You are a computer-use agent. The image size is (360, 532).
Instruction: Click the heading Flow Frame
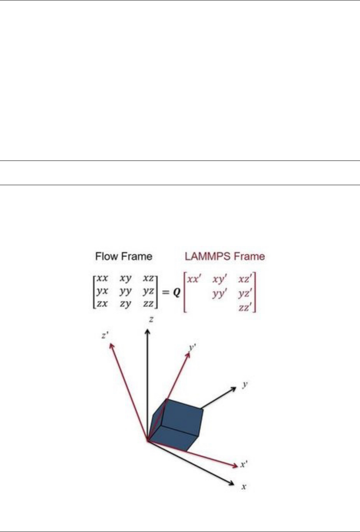(x=123, y=256)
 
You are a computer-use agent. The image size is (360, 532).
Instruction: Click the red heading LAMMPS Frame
(x=225, y=256)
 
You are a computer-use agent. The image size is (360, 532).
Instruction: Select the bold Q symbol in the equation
(x=176, y=293)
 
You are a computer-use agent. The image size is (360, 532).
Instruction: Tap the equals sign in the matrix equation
(x=165, y=293)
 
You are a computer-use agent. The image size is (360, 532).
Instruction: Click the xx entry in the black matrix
(x=102, y=278)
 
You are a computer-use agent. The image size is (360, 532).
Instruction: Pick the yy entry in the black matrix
(x=125, y=291)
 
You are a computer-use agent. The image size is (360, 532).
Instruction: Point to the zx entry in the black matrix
(x=102, y=304)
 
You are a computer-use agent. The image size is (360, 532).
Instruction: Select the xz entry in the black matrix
(x=148, y=278)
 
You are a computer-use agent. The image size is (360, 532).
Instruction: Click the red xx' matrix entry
(x=194, y=279)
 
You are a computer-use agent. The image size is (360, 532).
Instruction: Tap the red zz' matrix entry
(x=245, y=307)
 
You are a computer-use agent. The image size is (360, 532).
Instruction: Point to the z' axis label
(x=105, y=335)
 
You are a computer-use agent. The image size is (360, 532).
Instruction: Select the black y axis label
(x=245, y=384)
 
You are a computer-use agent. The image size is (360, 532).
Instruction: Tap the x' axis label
(x=244, y=464)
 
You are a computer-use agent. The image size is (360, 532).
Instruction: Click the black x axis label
(x=243, y=487)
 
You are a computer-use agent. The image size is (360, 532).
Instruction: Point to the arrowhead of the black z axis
(x=147, y=331)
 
